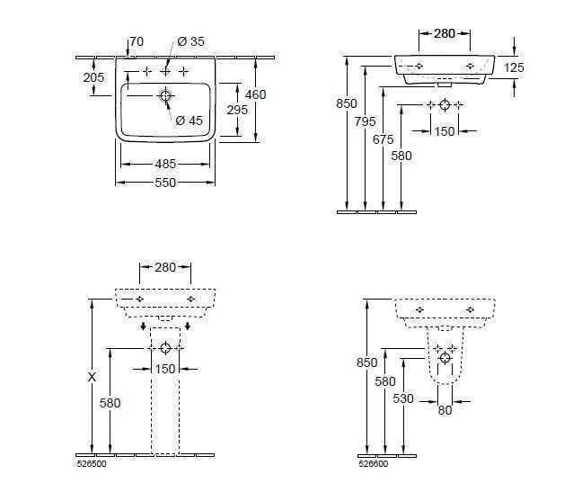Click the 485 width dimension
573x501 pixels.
coord(165,164)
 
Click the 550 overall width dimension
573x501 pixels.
coord(165,183)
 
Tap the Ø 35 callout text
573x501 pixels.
coord(190,41)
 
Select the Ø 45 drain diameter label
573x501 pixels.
coord(189,121)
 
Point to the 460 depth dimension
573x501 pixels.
coord(255,94)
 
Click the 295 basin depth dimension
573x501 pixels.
coord(237,110)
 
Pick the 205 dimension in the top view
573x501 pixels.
coord(93,77)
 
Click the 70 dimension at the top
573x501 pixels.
coord(137,41)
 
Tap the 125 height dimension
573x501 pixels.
coord(514,67)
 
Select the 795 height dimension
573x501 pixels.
coord(365,121)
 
